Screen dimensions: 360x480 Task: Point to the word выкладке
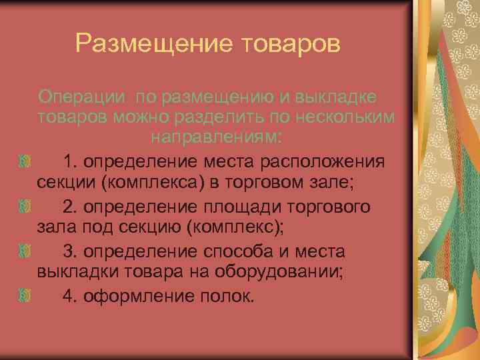pyautogui.click(x=336, y=97)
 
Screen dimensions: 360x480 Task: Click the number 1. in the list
pyautogui.click(x=71, y=161)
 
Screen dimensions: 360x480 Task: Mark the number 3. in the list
pyautogui.click(x=71, y=252)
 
